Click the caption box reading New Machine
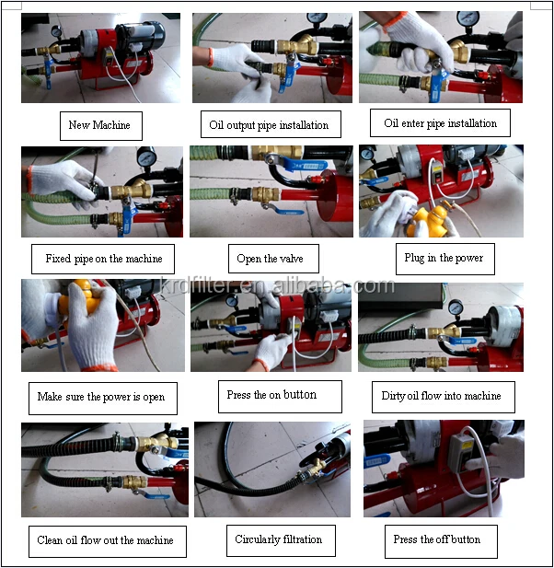[101, 126]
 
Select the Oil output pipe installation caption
[271, 124]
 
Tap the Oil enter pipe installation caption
[440, 122]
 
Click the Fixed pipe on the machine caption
[103, 259]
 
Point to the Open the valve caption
[273, 259]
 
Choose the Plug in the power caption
[445, 259]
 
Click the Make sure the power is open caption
[103, 398]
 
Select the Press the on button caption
[280, 396]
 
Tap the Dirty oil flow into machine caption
[444, 397]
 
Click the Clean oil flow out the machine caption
[108, 541]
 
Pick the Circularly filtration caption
[281, 540]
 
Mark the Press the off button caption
[441, 541]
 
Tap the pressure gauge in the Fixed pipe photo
[146, 157]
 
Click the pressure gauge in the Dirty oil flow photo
[456, 307]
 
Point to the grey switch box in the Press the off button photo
[462, 453]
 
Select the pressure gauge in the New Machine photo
[56, 32]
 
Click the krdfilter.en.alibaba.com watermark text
[277, 285]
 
